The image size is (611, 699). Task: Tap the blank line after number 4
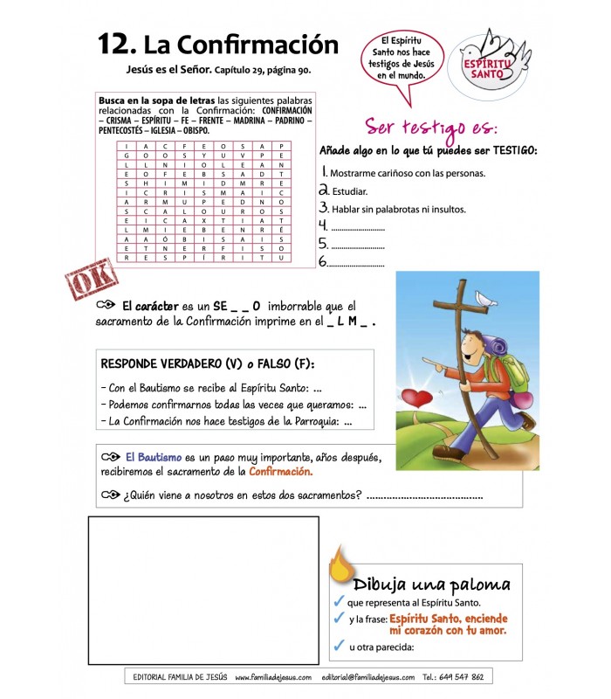pos(358,226)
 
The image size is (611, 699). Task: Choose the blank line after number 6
pos(358,261)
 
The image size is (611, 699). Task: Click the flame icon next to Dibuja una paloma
pos(339,567)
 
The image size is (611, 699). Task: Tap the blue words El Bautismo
pos(153,457)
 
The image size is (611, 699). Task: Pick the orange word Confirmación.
pos(280,473)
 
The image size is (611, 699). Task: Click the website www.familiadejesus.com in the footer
pos(272,676)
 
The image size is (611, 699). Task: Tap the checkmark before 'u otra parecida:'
pos(339,647)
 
